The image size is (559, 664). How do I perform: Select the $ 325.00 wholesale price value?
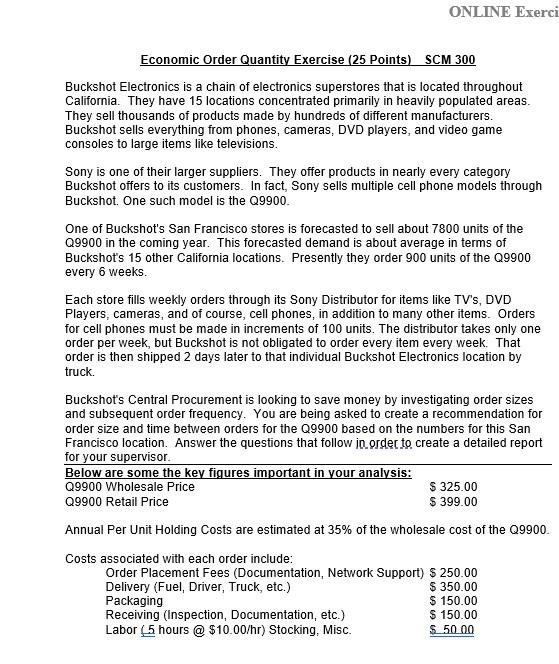tap(453, 487)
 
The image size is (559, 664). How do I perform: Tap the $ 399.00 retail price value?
tap(453, 501)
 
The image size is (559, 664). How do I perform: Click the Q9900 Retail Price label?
tap(117, 501)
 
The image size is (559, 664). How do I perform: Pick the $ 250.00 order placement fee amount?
tap(453, 573)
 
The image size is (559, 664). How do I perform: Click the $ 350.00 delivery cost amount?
tap(453, 587)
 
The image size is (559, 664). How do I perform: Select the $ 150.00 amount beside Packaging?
tap(453, 601)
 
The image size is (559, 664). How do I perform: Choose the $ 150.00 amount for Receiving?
tap(453, 615)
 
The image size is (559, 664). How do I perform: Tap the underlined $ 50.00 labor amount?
tap(452, 630)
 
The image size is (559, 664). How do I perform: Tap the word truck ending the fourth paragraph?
tap(79, 372)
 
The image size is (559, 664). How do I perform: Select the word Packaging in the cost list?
tap(134, 601)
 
